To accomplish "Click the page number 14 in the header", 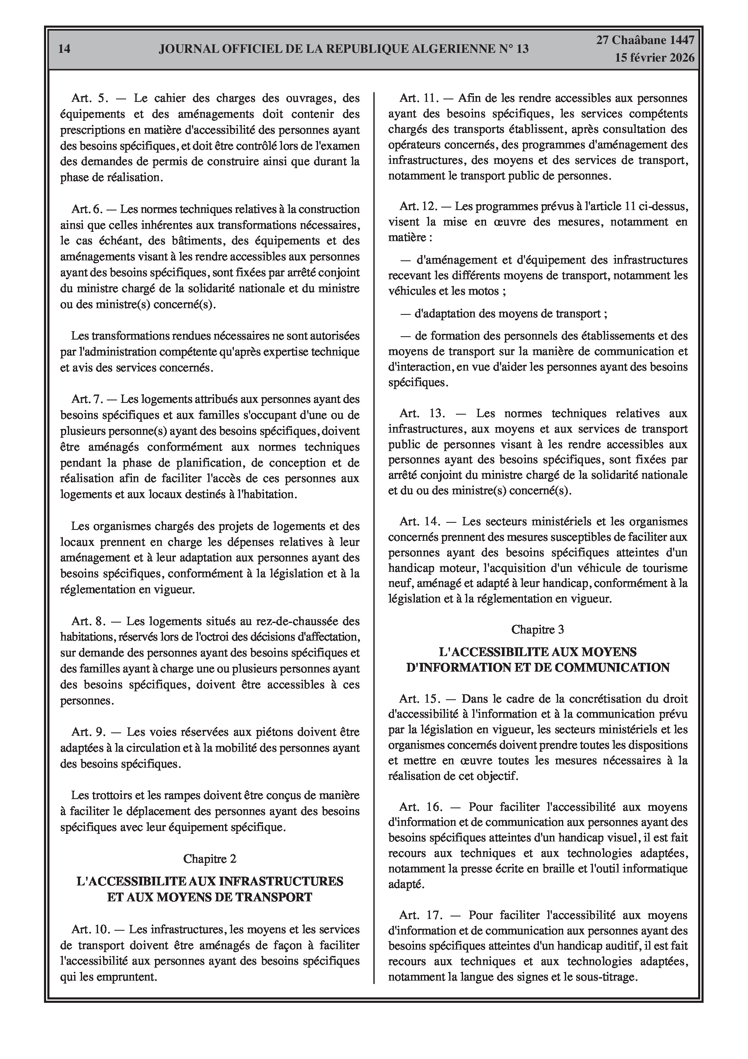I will (x=65, y=49).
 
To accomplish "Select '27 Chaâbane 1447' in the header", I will (x=645, y=40).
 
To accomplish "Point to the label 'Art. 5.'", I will (x=89, y=98).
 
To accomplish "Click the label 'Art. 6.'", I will (x=87, y=209).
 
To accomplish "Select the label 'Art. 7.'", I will (x=87, y=399).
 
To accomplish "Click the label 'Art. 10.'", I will (x=91, y=929).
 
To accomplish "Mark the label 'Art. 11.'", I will (x=418, y=98).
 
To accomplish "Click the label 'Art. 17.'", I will (x=421, y=915).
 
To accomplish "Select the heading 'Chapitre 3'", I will (x=538, y=630).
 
